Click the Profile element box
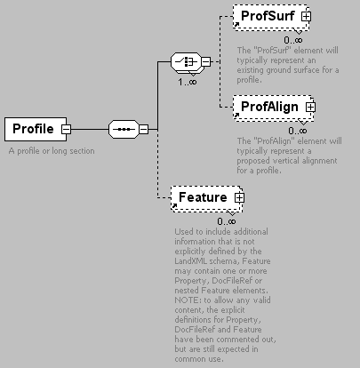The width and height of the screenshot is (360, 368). coord(36,129)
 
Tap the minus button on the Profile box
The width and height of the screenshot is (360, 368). coord(66,130)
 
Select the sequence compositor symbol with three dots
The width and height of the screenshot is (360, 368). coord(124,129)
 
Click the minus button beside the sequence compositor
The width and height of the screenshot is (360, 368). coord(144,130)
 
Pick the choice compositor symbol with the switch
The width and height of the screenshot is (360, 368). coord(186,61)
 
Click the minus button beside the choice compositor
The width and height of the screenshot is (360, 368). coord(206,61)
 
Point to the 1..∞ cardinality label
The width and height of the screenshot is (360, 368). coord(188,82)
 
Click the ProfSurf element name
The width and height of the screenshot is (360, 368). coord(268,16)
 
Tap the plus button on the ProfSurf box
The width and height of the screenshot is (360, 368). coord(306,16)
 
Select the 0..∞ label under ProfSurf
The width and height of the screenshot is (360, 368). coord(293,40)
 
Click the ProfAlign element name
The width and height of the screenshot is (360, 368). coord(269,107)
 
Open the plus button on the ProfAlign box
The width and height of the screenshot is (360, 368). coord(310,107)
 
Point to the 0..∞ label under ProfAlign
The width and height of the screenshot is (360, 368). coord(298,131)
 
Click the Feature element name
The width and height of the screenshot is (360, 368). coord(203,197)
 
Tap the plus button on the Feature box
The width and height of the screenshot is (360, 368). coord(239,197)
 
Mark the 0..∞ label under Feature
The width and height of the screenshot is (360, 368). coord(227,221)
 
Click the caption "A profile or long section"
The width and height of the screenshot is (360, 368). coord(52,151)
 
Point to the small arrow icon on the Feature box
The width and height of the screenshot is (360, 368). coord(174,205)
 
